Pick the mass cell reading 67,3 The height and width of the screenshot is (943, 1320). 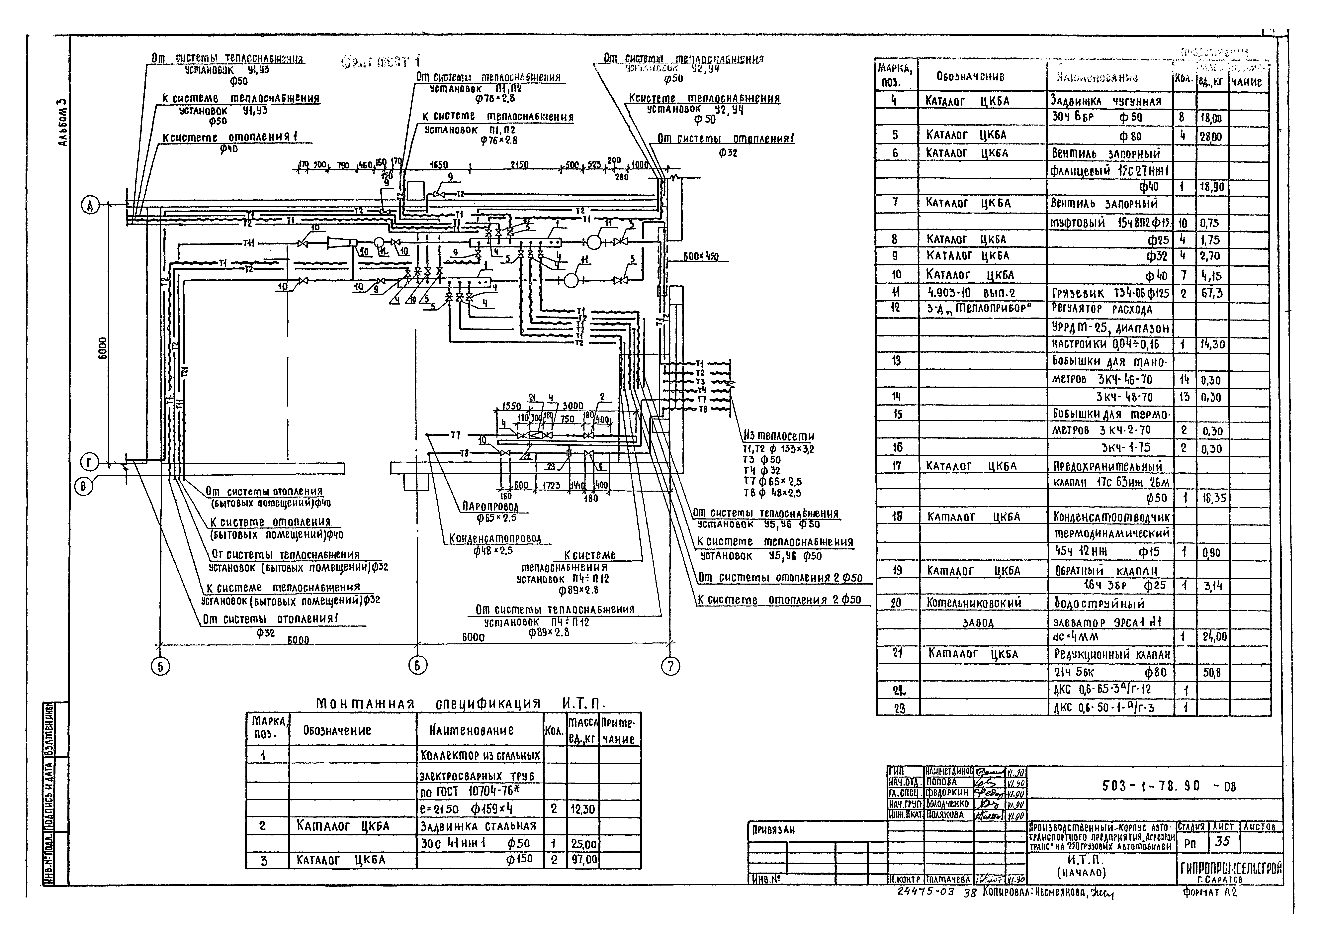pos(1211,293)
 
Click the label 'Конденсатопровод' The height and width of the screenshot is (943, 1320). pos(495,539)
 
